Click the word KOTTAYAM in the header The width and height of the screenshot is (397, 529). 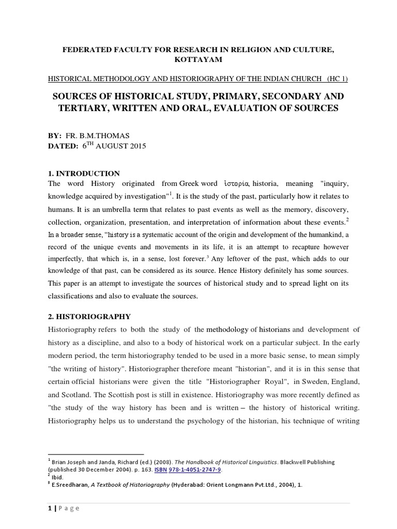click(198, 60)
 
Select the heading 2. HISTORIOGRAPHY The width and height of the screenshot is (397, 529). click(89, 316)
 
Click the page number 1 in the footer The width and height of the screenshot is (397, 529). click(49, 508)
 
